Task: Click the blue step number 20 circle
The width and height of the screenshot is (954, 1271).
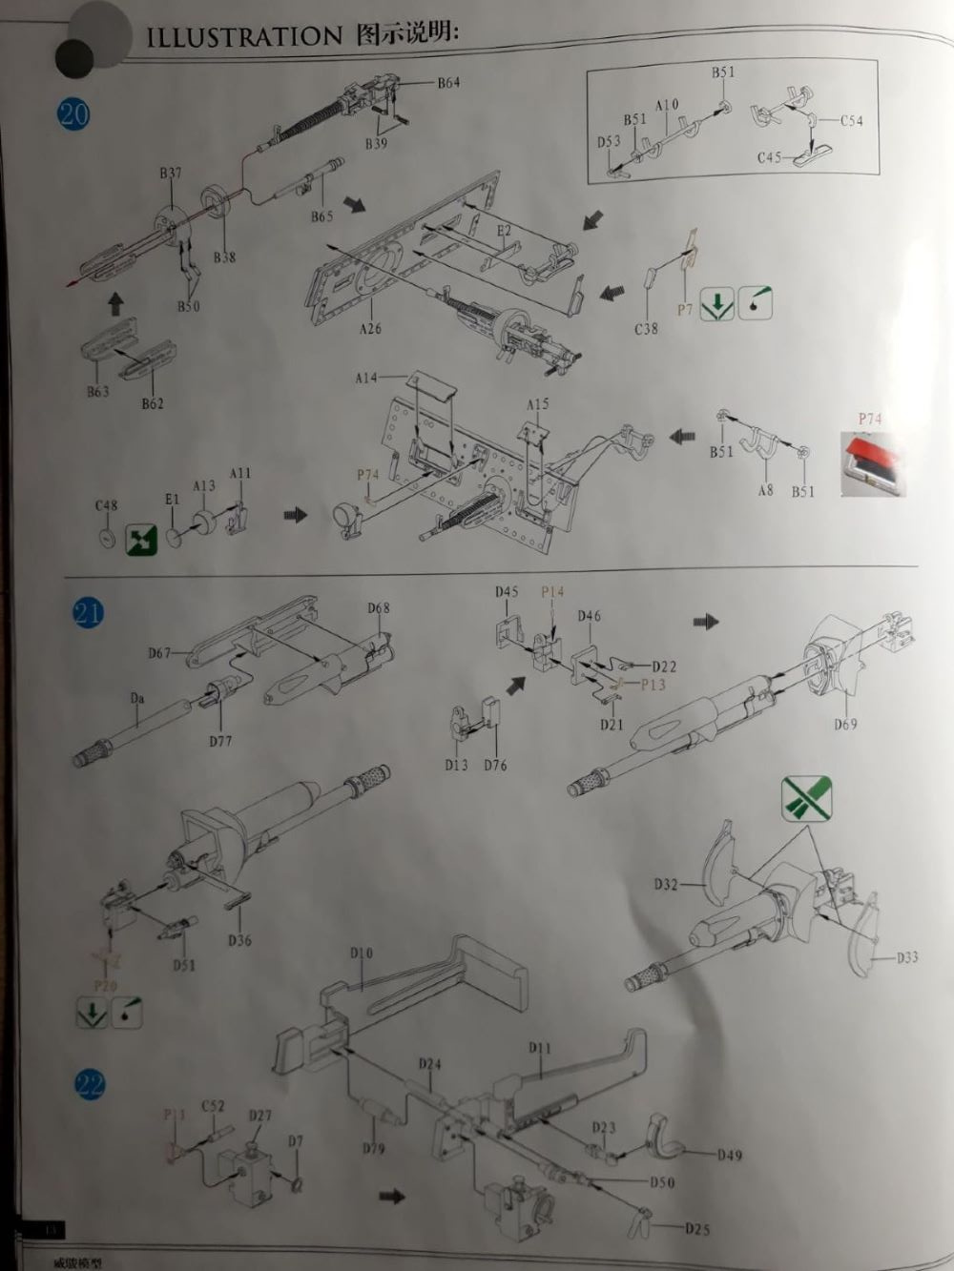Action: pyautogui.click(x=73, y=113)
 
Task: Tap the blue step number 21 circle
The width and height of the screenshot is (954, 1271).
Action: pyautogui.click(x=87, y=612)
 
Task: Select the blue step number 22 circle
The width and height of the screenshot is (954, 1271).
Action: pyautogui.click(x=91, y=1084)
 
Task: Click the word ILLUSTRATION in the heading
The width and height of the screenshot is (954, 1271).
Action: pyautogui.click(x=244, y=37)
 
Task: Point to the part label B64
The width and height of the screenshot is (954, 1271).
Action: pyautogui.click(x=448, y=83)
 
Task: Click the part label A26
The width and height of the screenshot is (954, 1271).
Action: pyautogui.click(x=370, y=329)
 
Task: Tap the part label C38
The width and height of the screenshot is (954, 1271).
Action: pyautogui.click(x=646, y=328)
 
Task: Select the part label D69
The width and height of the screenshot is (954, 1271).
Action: pyautogui.click(x=845, y=725)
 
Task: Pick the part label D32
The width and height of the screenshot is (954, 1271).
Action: pyautogui.click(x=666, y=885)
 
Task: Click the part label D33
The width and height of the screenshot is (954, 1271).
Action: pyautogui.click(x=907, y=956)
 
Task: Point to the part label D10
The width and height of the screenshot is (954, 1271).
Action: pyautogui.click(x=362, y=953)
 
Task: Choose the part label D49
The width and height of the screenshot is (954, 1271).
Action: pyautogui.click(x=730, y=1155)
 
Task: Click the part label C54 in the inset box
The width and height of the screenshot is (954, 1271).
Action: pyautogui.click(x=851, y=121)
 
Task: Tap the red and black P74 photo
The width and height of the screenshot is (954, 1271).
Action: pyautogui.click(x=872, y=461)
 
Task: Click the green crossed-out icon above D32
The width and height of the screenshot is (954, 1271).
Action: pyautogui.click(x=806, y=799)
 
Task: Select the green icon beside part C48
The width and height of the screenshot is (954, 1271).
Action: pyautogui.click(x=139, y=541)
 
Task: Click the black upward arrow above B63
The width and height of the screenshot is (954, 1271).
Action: pyautogui.click(x=115, y=304)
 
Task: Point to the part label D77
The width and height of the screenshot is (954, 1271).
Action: pyautogui.click(x=220, y=741)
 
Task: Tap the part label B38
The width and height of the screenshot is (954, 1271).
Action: pyautogui.click(x=224, y=257)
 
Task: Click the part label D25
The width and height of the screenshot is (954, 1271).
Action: pyautogui.click(x=697, y=1229)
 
